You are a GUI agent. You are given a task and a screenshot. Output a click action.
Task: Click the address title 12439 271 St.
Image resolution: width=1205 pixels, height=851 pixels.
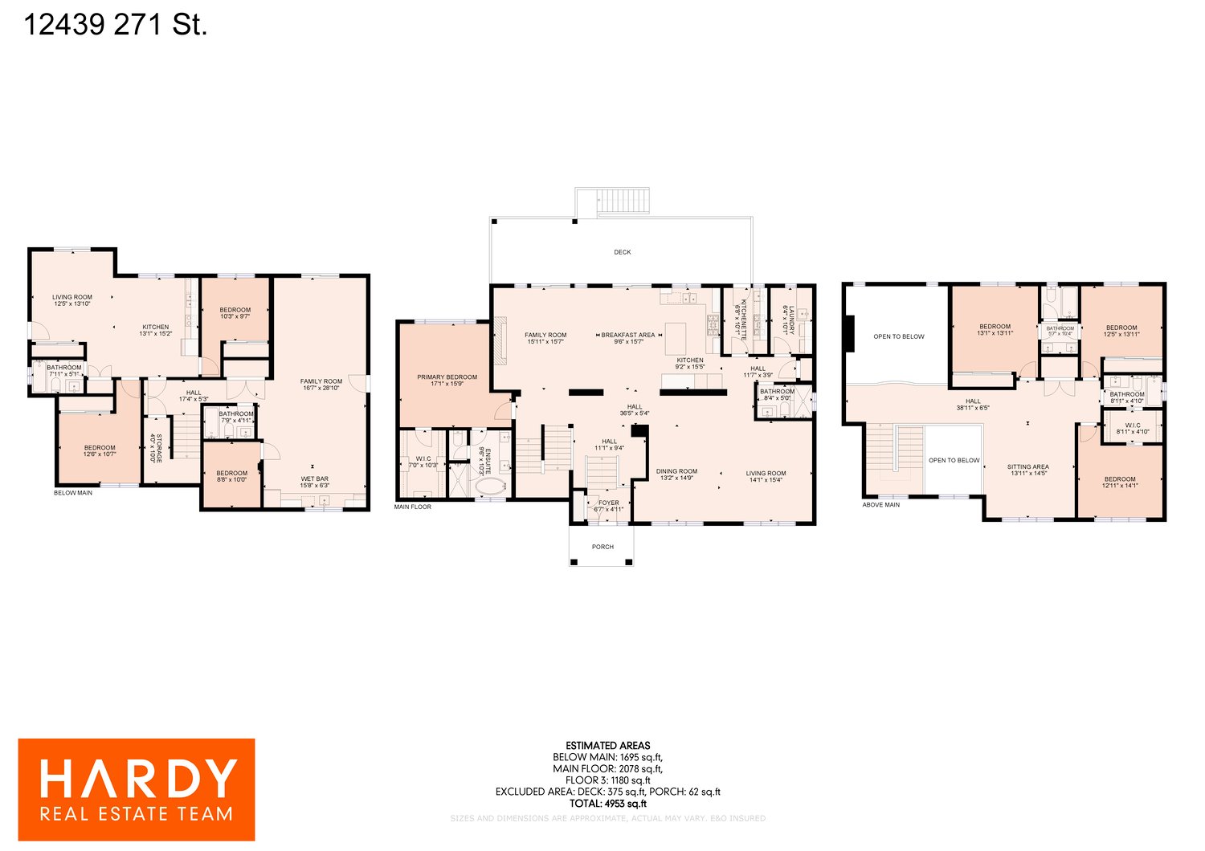tap(116, 25)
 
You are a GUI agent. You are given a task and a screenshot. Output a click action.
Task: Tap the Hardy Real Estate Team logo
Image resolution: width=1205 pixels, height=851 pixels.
tap(137, 790)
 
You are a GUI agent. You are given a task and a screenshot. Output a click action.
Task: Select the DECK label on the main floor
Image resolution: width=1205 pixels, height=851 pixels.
tap(623, 252)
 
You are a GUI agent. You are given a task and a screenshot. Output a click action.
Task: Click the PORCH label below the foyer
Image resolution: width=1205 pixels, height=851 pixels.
tap(602, 547)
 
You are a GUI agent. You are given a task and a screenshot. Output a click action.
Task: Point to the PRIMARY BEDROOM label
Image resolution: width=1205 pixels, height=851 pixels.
tap(447, 377)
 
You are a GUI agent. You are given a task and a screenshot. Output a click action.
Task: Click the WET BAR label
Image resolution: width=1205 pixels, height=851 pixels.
tap(315, 478)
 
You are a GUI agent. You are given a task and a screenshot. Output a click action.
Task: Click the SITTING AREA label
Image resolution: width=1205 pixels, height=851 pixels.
tap(1028, 466)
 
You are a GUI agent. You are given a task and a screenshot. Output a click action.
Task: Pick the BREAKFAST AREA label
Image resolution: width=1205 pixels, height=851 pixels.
tap(628, 335)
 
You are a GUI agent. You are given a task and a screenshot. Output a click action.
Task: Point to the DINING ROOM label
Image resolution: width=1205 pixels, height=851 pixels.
tap(676, 471)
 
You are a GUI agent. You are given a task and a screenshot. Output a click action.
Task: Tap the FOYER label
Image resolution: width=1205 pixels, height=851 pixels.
tap(609, 503)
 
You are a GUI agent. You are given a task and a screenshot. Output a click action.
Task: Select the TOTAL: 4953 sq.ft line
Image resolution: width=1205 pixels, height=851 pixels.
tap(607, 804)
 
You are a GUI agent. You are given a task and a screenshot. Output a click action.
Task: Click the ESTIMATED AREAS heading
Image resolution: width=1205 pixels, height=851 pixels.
tap(607, 745)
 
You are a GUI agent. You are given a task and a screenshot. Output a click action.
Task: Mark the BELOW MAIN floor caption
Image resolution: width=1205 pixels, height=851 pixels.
tap(73, 493)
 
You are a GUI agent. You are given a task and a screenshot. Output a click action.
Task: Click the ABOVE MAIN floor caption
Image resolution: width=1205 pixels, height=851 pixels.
tap(881, 505)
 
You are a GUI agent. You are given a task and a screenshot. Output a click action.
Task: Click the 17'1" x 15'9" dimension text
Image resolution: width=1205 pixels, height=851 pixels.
tap(447, 384)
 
